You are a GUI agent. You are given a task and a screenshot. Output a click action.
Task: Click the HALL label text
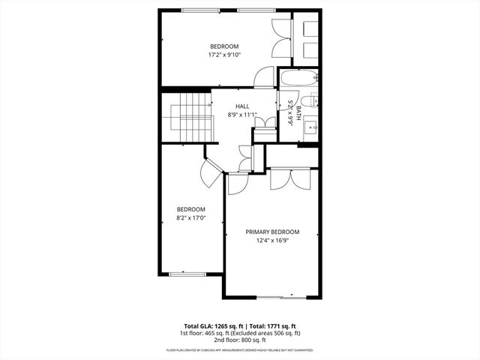click(241, 106)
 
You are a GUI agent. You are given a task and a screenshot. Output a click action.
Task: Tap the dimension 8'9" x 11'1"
click(241, 115)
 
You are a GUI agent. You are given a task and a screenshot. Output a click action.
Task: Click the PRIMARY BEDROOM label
click(272, 232)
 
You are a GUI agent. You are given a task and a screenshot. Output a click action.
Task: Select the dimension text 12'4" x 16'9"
click(272, 241)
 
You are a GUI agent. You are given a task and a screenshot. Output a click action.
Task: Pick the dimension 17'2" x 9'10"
click(223, 55)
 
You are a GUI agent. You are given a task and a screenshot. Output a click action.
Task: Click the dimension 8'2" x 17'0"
click(190, 218)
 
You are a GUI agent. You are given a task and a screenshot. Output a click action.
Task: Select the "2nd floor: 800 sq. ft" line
click(240, 340)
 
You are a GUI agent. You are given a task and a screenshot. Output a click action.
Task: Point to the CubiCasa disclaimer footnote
click(240, 350)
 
